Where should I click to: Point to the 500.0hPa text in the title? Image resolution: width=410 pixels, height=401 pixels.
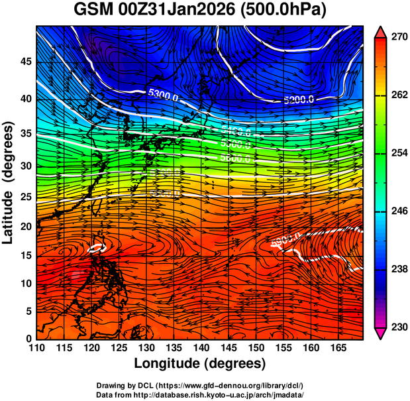click(285, 11)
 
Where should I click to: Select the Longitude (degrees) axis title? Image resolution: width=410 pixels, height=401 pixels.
click(199, 363)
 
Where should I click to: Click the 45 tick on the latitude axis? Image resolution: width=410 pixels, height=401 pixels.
click(26, 62)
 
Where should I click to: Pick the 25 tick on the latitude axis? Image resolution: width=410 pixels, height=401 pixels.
click(26, 196)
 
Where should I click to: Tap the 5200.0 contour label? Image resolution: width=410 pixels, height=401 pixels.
click(300, 100)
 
